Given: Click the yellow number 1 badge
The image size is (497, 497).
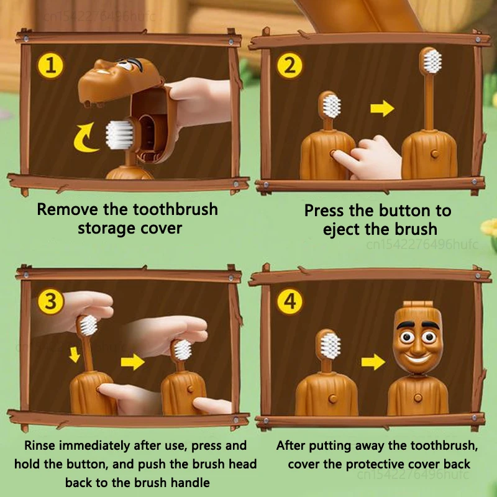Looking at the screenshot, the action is click(x=50, y=66).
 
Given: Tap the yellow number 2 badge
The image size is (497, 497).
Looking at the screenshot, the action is click(x=290, y=66).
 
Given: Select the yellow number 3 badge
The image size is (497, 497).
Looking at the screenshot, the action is click(x=50, y=301).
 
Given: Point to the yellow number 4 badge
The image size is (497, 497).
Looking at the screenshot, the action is click(x=290, y=301).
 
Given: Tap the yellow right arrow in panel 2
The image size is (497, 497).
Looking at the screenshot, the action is click(x=382, y=108).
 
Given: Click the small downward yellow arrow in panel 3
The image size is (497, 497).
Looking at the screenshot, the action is click(x=75, y=354).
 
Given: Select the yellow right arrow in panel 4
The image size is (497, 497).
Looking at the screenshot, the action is click(x=373, y=362).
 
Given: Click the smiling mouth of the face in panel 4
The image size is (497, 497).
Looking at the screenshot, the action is click(x=416, y=359).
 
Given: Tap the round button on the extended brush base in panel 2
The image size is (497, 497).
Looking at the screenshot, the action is click(x=435, y=154).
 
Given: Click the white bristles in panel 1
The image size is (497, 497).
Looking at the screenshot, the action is click(x=119, y=135).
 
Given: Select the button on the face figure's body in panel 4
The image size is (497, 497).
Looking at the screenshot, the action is click(x=418, y=398).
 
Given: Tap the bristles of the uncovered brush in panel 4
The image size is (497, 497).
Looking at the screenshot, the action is click(x=331, y=345).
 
